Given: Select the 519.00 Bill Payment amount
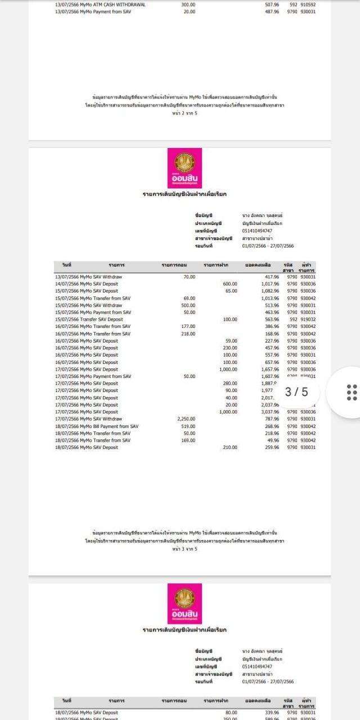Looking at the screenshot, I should coord(188,426).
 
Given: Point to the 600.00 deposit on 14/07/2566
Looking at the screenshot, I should coord(230,284).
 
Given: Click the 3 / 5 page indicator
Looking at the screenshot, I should coord(296,392).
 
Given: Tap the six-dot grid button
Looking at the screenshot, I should coord(352,392).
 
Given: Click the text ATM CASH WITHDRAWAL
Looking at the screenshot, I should coord(120,4).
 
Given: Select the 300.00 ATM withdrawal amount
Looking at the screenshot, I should coord(188,4).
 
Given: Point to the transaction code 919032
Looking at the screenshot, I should coord(308,319).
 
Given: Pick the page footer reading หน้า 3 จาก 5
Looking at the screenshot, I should coord(185,548).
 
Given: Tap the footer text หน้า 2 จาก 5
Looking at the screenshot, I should coord(185,113).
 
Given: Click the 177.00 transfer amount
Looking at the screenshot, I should coord(188,327).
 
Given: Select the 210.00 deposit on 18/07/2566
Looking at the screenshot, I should coord(230,448).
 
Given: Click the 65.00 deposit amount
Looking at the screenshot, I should coord(231,291).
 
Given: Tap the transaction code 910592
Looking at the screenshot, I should coord(308,4).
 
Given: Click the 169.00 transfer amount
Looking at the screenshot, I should coord(188,440).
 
